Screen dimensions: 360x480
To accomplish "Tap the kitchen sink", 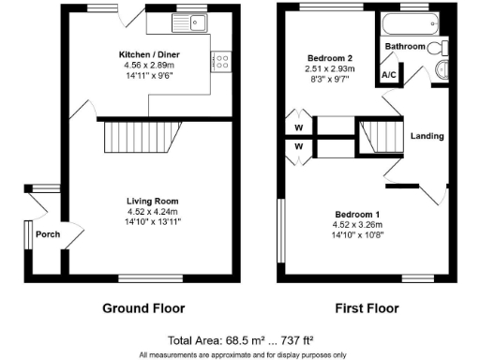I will tap(194, 23).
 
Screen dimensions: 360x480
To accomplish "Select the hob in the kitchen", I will tap(222, 61).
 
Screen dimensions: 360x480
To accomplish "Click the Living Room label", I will tap(153, 201).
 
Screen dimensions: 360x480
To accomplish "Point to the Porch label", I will tap(47, 234).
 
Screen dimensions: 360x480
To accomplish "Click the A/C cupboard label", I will tap(388, 74).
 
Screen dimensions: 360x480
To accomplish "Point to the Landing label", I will tap(427, 136).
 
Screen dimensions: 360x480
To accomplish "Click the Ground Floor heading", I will tap(143, 307).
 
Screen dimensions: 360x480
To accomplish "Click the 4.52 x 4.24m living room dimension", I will tap(153, 211).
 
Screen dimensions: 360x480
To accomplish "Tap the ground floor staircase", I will tap(131, 138).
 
